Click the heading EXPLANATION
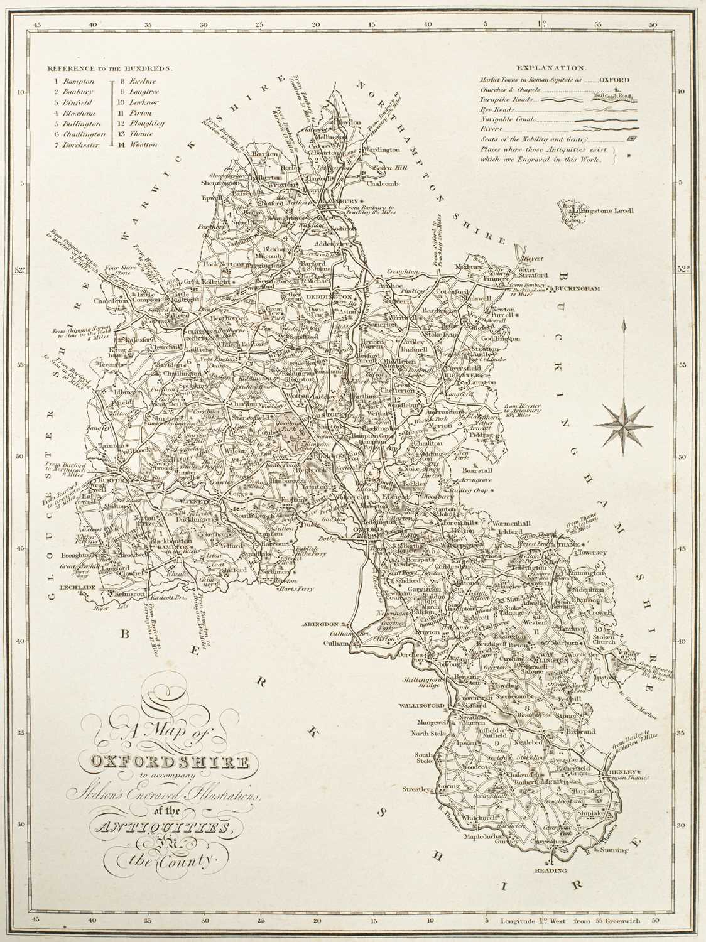click(552, 67)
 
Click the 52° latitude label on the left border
click(19, 271)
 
